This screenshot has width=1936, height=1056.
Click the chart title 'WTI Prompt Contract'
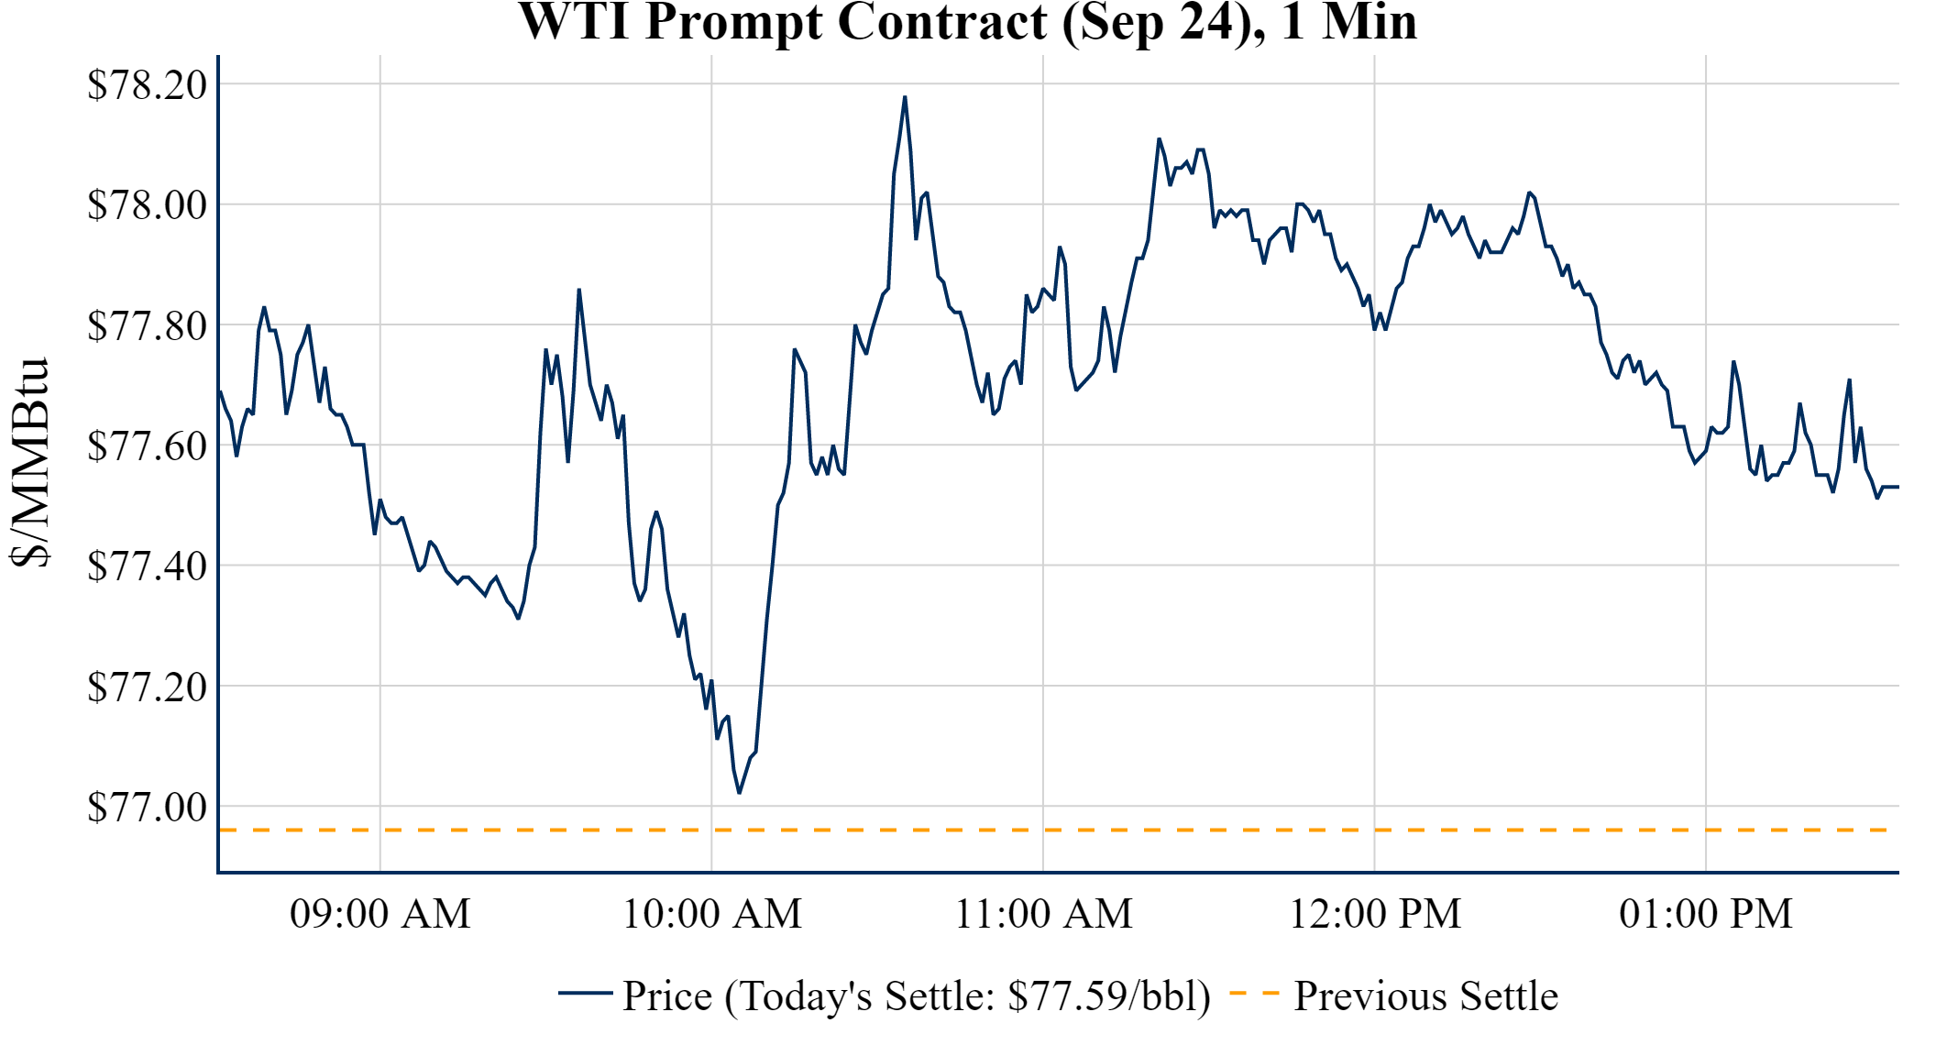coord(967,22)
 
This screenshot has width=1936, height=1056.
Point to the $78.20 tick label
coord(147,84)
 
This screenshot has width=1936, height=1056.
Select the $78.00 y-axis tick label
coord(147,204)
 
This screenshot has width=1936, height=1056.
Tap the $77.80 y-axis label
coord(147,325)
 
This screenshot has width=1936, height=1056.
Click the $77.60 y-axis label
coord(147,445)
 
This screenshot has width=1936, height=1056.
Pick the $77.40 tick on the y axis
coord(147,566)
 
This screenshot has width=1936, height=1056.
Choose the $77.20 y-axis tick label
coord(147,687)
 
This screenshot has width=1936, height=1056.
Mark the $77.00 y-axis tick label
coord(147,807)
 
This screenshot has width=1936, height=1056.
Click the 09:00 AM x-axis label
coord(380,914)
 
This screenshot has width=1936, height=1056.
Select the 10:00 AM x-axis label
coord(712,914)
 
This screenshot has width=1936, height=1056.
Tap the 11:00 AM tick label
coord(1043,914)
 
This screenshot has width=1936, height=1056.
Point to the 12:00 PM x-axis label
coord(1375,914)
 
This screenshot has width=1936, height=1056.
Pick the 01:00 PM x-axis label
coord(1706,914)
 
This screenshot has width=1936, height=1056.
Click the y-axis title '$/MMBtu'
coord(29,463)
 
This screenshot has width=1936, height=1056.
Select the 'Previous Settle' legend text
coord(1425,996)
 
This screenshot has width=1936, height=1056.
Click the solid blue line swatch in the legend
coord(585,993)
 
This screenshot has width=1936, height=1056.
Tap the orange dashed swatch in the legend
coord(1253,993)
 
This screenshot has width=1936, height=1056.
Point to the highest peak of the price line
coord(905,97)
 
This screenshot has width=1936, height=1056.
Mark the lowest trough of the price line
coord(740,792)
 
